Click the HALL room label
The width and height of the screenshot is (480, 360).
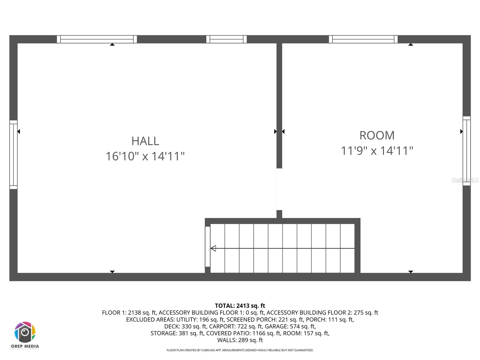pos(145,141)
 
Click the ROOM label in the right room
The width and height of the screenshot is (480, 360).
pos(377,135)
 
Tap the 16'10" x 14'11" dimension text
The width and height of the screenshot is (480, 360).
pos(145,156)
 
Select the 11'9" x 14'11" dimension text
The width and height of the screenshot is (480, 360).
pos(377,151)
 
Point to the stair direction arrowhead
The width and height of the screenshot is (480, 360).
pos(213,248)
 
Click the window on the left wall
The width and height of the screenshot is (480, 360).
pos(13,154)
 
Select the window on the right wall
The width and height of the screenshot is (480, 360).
pos(466,151)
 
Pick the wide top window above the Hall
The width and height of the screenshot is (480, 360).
pos(97,39)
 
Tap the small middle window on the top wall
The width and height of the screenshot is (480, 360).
pos(226,39)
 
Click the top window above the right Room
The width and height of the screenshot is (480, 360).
pos(363,39)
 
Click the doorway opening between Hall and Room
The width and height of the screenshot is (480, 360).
pos(279,189)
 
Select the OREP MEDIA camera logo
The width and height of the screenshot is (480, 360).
pos(25,332)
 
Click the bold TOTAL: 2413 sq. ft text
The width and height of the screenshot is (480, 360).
pos(240,306)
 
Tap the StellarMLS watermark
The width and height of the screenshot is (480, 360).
pos(465,180)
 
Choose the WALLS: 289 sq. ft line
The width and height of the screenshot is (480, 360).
pos(240,340)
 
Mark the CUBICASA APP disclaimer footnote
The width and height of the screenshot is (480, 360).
pos(240,350)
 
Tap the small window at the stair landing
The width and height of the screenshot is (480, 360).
pos(208,247)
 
